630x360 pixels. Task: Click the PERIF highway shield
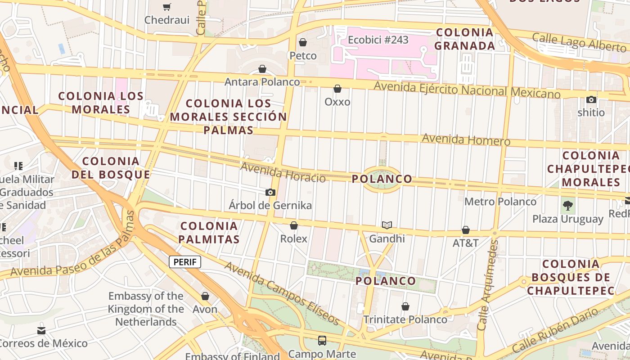(x=185, y=262)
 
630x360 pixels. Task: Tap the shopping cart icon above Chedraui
(x=167, y=7)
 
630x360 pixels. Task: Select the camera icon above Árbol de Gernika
(x=270, y=193)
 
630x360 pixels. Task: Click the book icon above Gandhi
(x=387, y=225)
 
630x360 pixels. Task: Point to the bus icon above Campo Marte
(x=322, y=340)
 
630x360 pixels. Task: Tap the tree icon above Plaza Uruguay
(x=568, y=206)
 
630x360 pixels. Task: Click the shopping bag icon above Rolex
(x=294, y=225)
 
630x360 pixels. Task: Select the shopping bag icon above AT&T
(x=466, y=230)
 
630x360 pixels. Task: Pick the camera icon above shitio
(x=591, y=99)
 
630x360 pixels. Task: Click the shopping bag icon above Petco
(x=303, y=42)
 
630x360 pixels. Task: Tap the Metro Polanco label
(x=500, y=202)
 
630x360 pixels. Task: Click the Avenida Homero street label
(x=466, y=140)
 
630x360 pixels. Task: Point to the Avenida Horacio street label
(x=283, y=173)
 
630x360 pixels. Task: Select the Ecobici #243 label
(x=378, y=40)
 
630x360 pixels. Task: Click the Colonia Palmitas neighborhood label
(x=209, y=232)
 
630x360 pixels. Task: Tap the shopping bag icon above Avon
(x=205, y=296)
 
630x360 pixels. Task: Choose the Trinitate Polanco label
(x=405, y=319)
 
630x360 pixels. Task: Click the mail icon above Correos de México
(x=41, y=331)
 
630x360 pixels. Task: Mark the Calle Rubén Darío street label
(x=556, y=330)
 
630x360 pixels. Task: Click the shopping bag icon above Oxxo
(x=337, y=89)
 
